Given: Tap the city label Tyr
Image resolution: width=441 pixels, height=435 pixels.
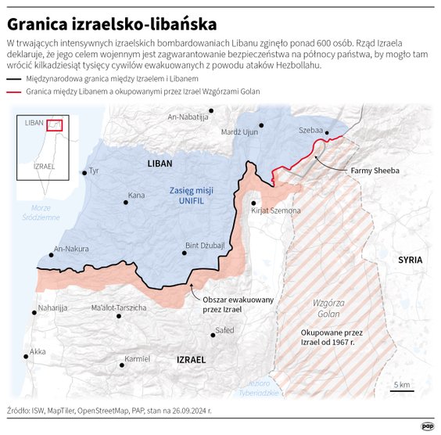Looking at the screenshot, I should [95, 171].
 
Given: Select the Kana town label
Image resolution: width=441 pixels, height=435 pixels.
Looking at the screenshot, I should [137, 195].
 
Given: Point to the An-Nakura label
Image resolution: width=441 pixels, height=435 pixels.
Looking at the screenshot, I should [70, 249].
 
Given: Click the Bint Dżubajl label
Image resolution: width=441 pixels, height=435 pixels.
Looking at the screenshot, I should [204, 246].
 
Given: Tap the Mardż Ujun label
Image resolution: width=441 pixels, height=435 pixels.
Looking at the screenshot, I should [240, 131].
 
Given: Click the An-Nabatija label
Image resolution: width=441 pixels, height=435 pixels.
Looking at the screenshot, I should [188, 117].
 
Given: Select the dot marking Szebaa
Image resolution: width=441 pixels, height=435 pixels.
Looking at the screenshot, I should [327, 133].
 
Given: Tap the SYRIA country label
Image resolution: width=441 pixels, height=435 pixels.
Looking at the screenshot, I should [410, 259].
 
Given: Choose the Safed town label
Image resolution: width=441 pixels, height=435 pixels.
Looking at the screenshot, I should [224, 330].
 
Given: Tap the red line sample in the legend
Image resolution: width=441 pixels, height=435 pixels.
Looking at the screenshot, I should [13, 92].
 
